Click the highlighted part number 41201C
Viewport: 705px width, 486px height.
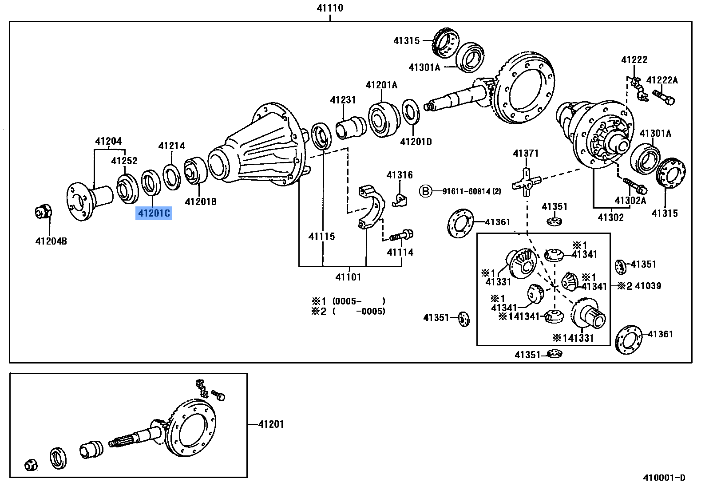(154, 213)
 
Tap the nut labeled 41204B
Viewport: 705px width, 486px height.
(43, 212)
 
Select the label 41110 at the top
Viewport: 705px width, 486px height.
(329, 8)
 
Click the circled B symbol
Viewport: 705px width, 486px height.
(425, 191)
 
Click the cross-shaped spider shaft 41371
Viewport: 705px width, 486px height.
(526, 182)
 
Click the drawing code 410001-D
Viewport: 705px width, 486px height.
(664, 478)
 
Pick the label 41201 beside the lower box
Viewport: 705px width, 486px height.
(271, 424)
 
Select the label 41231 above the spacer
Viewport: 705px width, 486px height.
(343, 100)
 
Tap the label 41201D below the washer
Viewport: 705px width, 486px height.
(416, 142)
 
